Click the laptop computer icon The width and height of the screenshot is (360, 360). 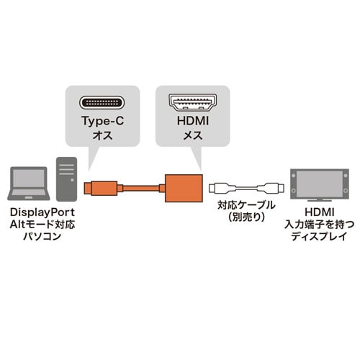[x=29, y=184]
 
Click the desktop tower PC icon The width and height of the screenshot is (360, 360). [x=66, y=179]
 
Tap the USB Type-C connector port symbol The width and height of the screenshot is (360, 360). [x=102, y=102]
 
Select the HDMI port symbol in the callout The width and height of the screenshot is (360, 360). [x=193, y=102]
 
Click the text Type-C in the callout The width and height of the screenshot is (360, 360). [x=102, y=121]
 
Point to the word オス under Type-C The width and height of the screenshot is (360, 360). [x=102, y=135]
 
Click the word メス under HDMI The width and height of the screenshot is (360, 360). [x=193, y=135]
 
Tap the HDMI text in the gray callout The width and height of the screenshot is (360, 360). [x=193, y=121]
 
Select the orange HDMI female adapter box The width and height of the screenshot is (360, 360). [x=184, y=188]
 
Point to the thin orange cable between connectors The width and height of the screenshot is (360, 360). [x=141, y=188]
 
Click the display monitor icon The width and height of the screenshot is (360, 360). [x=320, y=185]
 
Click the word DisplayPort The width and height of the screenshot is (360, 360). [x=42, y=212]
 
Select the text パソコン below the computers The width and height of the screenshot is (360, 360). [x=42, y=236]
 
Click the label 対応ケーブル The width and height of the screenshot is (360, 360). [x=246, y=205]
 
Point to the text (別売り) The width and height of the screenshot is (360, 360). [x=246, y=217]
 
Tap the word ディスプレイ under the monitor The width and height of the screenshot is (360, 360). [x=320, y=236]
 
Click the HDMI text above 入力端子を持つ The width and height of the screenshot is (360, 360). [x=320, y=212]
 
